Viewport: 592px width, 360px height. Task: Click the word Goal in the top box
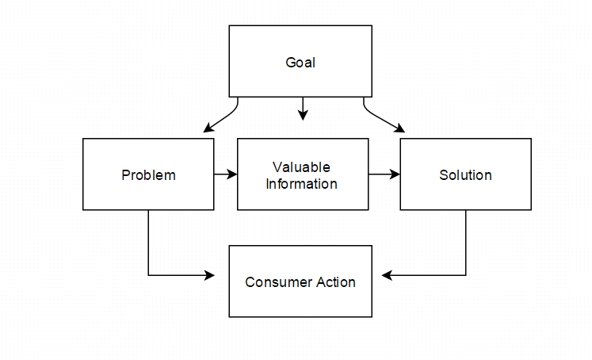pyautogui.click(x=300, y=63)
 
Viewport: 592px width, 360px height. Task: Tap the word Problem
pyautogui.click(x=148, y=175)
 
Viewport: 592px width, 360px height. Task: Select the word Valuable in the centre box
pyautogui.click(x=301, y=167)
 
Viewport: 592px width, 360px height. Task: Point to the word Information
pyautogui.click(x=301, y=184)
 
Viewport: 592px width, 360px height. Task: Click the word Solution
pyautogui.click(x=465, y=175)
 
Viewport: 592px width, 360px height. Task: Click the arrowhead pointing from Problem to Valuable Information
pyautogui.click(x=232, y=174)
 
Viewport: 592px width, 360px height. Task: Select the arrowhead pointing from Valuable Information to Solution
pyautogui.click(x=395, y=174)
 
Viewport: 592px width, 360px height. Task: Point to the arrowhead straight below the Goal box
pyautogui.click(x=303, y=115)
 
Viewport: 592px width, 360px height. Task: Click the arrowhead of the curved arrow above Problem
pyautogui.click(x=208, y=128)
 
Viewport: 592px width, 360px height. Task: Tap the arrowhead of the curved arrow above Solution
pyautogui.click(x=399, y=128)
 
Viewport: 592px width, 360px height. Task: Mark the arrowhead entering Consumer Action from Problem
pyautogui.click(x=209, y=275)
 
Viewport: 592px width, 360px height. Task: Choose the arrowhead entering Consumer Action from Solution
pyautogui.click(x=387, y=275)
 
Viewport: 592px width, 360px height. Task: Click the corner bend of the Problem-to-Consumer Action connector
pyautogui.click(x=148, y=275)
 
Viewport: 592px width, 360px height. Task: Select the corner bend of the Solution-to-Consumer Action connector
pyautogui.click(x=466, y=275)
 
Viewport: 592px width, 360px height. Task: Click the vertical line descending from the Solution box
pyautogui.click(x=466, y=243)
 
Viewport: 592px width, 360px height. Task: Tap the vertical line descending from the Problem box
pyautogui.click(x=148, y=243)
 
